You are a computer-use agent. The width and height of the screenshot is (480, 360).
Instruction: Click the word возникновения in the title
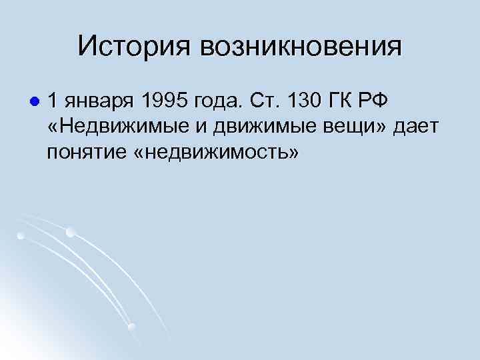(x=300, y=46)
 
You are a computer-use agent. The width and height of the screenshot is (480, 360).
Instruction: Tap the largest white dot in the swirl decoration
(x=71, y=233)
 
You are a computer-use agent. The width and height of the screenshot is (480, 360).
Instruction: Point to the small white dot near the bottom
(x=132, y=326)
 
